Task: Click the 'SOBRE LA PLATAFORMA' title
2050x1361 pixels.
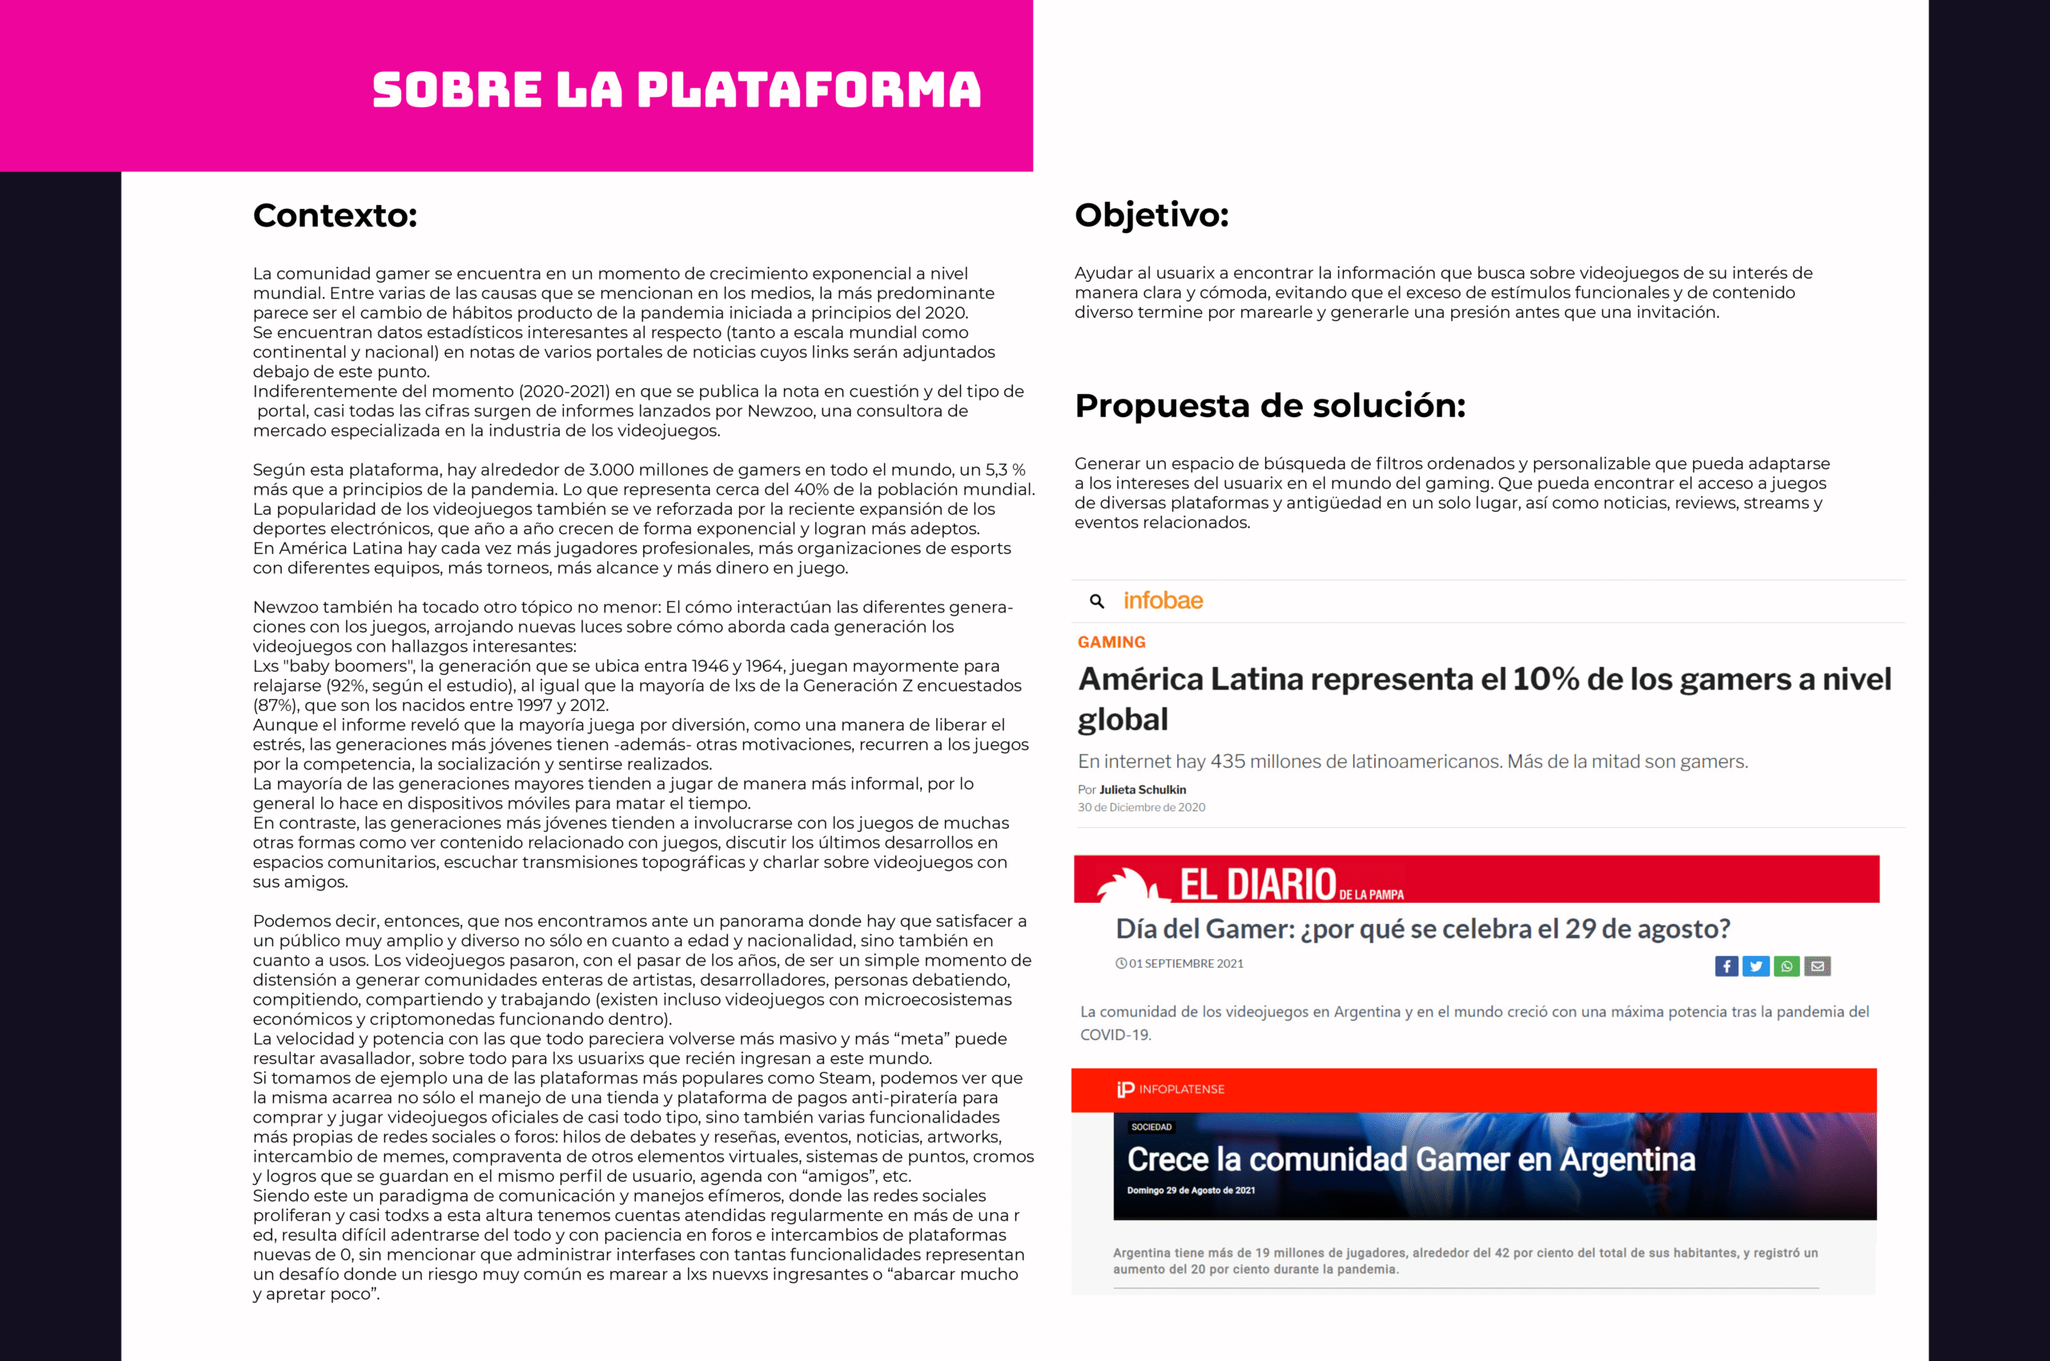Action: (x=677, y=90)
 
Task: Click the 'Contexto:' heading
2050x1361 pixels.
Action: (x=336, y=215)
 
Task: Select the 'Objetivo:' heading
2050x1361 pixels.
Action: (x=1152, y=215)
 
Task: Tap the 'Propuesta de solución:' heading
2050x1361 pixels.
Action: (x=1269, y=405)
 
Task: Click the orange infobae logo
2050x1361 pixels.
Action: (x=1163, y=600)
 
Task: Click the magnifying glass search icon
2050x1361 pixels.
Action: (x=1096, y=600)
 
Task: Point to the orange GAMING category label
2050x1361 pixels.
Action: (x=1111, y=642)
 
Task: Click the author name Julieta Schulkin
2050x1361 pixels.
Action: (x=1142, y=790)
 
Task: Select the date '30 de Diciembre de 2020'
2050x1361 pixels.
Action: (x=1141, y=807)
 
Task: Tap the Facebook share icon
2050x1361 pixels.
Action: (x=1726, y=966)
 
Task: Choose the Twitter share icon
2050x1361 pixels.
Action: (x=1755, y=966)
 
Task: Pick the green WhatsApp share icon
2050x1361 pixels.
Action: (x=1786, y=966)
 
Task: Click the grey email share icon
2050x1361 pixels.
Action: (x=1816, y=966)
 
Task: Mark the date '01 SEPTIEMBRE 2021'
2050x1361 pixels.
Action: (x=1185, y=963)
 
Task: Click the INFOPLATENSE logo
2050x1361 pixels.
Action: (x=1171, y=1090)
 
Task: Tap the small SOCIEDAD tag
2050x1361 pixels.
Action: (x=1152, y=1126)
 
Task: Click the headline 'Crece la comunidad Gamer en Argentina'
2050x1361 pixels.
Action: (x=1410, y=1159)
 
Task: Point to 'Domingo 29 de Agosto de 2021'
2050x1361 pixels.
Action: (x=1191, y=1190)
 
